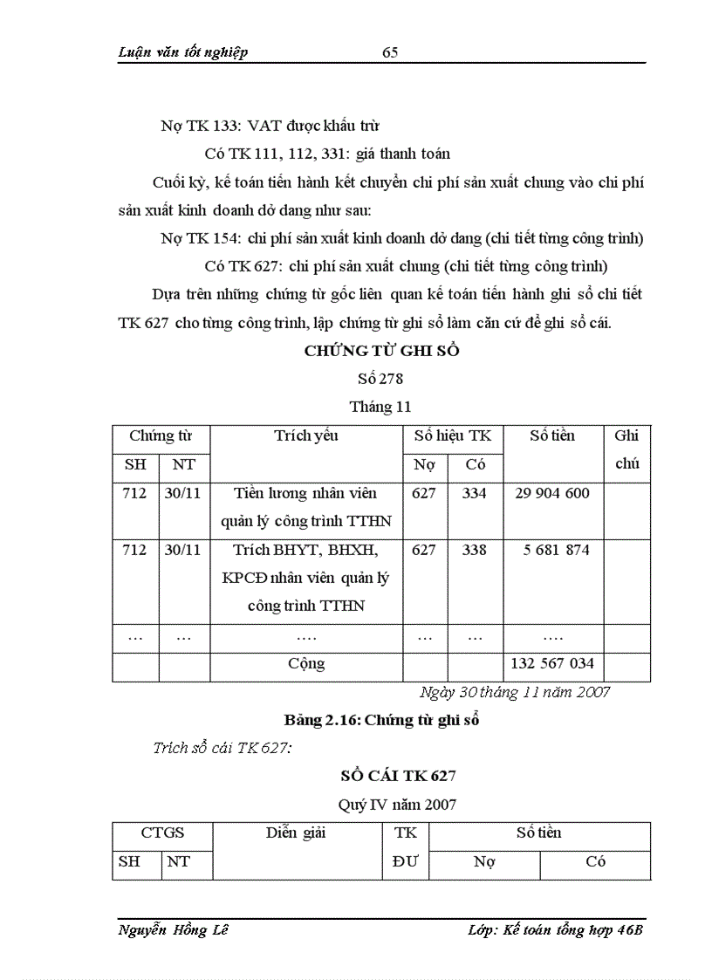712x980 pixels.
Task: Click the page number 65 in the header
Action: (x=390, y=52)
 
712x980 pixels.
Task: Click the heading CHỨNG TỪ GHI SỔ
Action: (x=381, y=351)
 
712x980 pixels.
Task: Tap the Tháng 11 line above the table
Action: (x=380, y=407)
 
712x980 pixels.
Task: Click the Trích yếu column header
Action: (x=305, y=435)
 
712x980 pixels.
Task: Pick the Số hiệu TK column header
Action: (x=452, y=435)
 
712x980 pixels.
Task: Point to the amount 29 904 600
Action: (x=552, y=493)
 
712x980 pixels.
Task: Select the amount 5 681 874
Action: (x=552, y=550)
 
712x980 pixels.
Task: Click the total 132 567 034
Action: (x=552, y=664)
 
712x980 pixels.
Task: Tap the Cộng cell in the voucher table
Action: (x=305, y=664)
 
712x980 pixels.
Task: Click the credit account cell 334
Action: (x=475, y=493)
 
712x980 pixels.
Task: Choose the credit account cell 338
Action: (x=475, y=550)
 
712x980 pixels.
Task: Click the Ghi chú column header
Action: (x=626, y=449)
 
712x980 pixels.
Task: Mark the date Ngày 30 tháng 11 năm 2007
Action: (x=515, y=692)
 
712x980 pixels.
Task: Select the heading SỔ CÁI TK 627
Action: (x=397, y=776)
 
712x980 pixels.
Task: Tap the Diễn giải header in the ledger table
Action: (x=296, y=833)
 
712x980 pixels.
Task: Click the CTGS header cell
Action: (x=162, y=833)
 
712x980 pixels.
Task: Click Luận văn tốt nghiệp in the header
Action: (x=182, y=52)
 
